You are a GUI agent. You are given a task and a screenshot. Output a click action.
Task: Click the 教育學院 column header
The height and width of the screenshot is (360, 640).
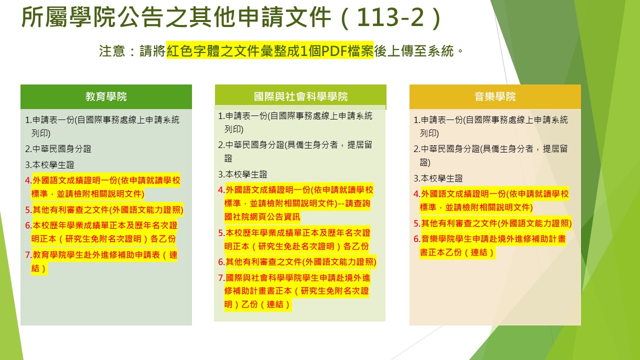[106, 96]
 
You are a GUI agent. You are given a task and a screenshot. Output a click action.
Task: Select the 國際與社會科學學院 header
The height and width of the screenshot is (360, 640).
[300, 96]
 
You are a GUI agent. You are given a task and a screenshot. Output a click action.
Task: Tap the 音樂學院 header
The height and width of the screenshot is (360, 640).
[495, 96]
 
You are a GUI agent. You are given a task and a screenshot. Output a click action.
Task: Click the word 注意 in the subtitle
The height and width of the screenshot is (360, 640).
[112, 51]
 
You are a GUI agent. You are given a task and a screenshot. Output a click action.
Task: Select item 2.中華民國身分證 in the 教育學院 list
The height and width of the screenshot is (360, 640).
[58, 149]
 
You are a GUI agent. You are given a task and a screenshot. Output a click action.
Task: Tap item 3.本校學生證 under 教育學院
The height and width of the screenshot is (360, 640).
[49, 165]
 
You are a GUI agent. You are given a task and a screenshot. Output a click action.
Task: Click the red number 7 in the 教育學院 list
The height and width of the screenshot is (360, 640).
[28, 255]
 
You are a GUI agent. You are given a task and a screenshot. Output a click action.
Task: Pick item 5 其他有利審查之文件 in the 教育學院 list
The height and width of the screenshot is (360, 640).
[104, 210]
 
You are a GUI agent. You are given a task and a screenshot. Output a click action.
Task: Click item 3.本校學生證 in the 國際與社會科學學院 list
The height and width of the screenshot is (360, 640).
[242, 174]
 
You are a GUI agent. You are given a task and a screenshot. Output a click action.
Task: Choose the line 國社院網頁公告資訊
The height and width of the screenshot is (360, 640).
[262, 217]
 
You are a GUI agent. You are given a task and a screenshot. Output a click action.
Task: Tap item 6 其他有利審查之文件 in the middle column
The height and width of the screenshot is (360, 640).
[297, 262]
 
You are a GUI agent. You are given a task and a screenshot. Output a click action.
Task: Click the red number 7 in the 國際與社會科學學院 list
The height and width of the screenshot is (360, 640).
[221, 277]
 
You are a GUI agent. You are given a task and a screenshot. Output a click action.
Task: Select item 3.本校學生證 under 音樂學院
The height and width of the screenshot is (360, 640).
[438, 178]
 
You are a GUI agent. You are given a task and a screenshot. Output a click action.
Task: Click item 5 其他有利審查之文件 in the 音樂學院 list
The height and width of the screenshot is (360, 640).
[493, 223]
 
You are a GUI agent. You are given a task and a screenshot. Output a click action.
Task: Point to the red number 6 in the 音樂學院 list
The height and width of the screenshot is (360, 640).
[416, 239]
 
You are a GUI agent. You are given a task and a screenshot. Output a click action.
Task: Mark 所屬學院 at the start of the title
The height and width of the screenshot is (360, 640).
[68, 17]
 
